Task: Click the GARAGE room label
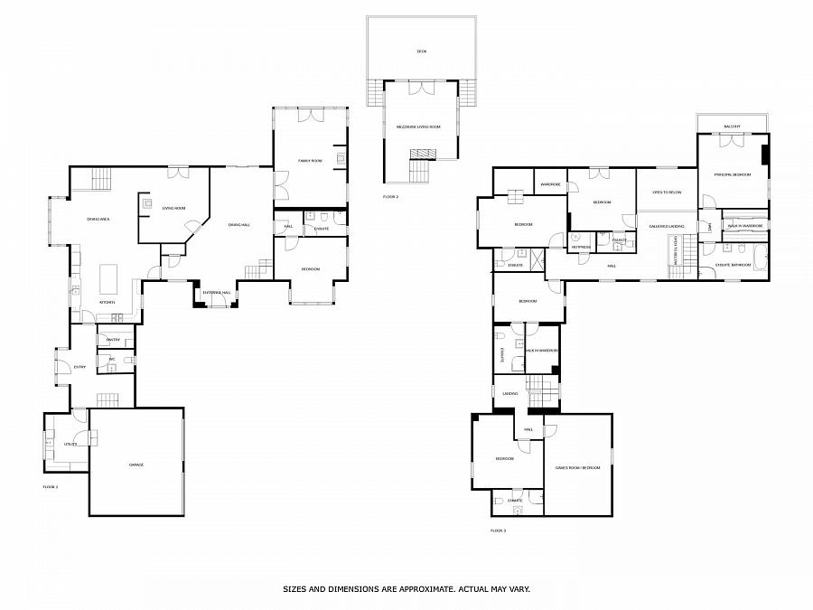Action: pyautogui.click(x=136, y=465)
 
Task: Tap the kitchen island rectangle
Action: pyautogui.click(x=109, y=274)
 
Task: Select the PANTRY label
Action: pyautogui.click(x=114, y=340)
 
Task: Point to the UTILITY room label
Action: pyautogui.click(x=70, y=445)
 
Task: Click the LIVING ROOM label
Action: pyautogui.click(x=173, y=209)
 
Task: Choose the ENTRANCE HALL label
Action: pyautogui.click(x=217, y=293)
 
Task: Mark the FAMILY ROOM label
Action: pyautogui.click(x=310, y=161)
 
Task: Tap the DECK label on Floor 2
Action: pyautogui.click(x=421, y=52)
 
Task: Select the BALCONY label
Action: pyautogui.click(x=732, y=127)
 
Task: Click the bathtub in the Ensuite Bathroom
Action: pyautogui.click(x=761, y=258)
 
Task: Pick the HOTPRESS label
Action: pyautogui.click(x=581, y=247)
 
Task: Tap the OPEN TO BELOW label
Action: pyautogui.click(x=667, y=192)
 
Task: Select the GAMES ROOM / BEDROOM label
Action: pyautogui.click(x=578, y=468)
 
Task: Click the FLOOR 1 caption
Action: pyautogui.click(x=50, y=487)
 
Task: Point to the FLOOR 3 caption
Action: pyautogui.click(x=498, y=530)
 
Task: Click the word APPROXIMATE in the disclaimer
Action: pyautogui.click(x=409, y=588)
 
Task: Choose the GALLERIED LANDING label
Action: pyautogui.click(x=667, y=226)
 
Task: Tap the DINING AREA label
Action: pyautogui.click(x=98, y=220)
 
